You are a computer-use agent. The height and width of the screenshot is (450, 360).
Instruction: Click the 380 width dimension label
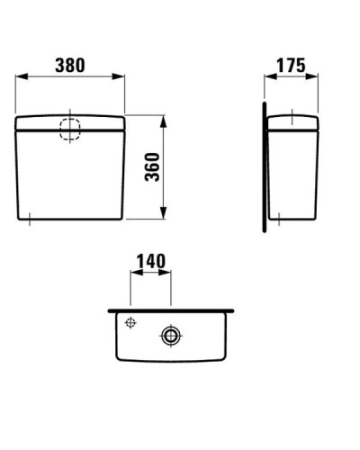pyautogui.click(x=69, y=65)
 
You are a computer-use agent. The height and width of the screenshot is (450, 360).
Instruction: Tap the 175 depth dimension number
pyautogui.click(x=292, y=65)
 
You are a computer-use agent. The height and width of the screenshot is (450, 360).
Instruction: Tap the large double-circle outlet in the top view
pyautogui.click(x=170, y=336)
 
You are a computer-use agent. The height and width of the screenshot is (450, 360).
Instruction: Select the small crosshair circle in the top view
pyautogui.click(x=131, y=323)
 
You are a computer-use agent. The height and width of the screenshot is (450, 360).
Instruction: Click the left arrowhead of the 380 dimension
pyautogui.click(x=19, y=77)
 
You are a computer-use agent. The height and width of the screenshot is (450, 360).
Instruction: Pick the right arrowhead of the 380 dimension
pyautogui.click(x=121, y=77)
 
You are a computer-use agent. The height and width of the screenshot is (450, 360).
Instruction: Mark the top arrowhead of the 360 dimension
pyautogui.click(x=163, y=119)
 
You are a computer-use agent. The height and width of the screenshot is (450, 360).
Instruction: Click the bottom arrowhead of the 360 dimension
pyautogui.click(x=163, y=217)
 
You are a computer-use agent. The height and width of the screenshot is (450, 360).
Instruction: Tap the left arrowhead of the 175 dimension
pyautogui.click(x=267, y=77)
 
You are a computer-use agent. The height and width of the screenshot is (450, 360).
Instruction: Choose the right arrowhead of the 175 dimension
pyautogui.click(x=317, y=77)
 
